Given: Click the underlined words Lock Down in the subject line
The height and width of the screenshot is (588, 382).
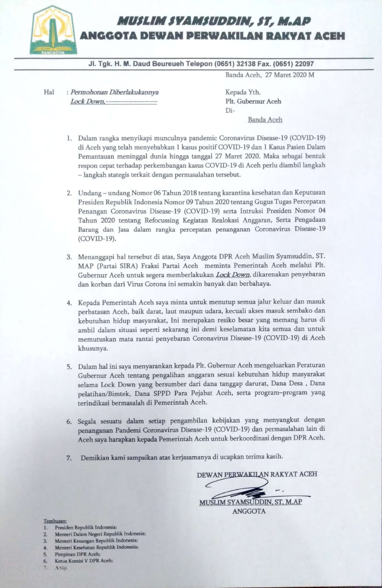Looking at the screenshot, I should (87, 101).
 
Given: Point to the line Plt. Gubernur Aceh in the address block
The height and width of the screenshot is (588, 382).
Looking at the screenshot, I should (253, 101).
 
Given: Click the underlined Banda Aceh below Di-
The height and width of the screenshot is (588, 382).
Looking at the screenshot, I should (265, 119).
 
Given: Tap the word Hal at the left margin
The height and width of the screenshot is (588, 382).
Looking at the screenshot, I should (49, 92).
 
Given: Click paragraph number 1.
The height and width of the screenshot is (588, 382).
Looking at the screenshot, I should (69, 138).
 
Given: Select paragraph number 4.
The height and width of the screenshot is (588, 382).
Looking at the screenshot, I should (69, 304).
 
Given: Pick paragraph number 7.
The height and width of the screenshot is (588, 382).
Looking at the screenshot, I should (69, 458).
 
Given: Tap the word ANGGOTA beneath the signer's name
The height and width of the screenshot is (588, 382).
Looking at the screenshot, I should (249, 511).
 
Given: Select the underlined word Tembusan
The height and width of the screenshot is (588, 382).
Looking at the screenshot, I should (55, 521).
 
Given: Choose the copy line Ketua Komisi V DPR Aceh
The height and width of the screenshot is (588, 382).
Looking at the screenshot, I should (84, 560).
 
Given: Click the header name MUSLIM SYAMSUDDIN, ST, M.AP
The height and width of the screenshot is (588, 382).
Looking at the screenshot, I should (214, 21).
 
